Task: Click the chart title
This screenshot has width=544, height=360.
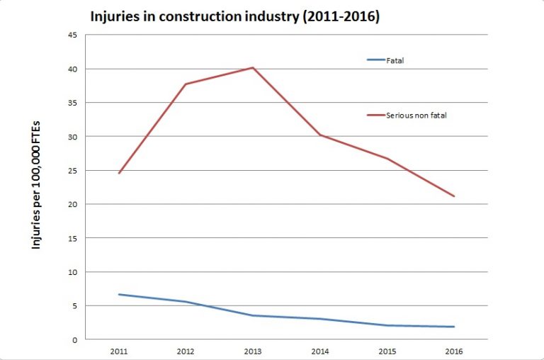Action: point(234,16)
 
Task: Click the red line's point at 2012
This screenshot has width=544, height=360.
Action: point(186,84)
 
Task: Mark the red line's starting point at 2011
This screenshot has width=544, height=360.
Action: point(118,173)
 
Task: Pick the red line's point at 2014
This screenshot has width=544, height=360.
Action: point(319,135)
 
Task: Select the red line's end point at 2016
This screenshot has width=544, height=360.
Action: point(454,196)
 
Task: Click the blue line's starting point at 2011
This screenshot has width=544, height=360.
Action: point(118,294)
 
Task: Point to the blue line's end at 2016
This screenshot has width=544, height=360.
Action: point(454,327)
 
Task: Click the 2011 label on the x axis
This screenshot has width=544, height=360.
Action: point(118,350)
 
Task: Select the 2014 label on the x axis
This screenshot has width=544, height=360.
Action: point(319,350)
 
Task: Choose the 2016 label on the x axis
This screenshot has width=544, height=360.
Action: point(454,350)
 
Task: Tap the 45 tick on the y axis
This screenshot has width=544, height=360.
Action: point(72,35)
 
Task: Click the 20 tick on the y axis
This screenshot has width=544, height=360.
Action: point(72,204)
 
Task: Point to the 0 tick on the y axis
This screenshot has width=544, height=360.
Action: point(74,339)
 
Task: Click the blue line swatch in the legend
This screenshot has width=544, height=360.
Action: point(375,60)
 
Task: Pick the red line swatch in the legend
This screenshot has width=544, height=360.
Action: point(375,115)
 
